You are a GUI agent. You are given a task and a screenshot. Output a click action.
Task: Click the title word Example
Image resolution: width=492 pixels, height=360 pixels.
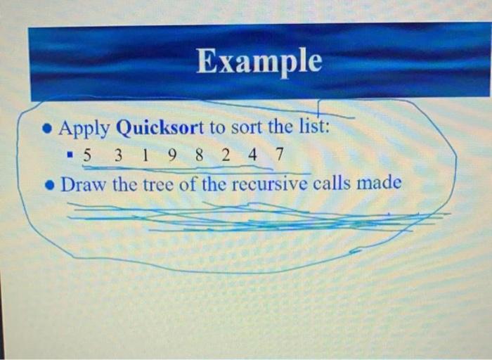[x=259, y=62]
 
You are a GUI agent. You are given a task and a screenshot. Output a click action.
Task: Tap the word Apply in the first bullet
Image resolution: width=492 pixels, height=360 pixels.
[x=84, y=129]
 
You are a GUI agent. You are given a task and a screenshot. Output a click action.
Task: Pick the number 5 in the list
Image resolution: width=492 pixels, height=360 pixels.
[x=86, y=156]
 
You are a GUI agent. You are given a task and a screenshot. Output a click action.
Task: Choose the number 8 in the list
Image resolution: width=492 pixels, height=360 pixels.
[x=199, y=156]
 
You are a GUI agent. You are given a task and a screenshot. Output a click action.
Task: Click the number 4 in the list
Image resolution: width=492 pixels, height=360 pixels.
[x=252, y=156]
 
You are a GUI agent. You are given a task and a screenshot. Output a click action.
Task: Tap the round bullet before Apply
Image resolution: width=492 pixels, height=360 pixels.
[x=46, y=129]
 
